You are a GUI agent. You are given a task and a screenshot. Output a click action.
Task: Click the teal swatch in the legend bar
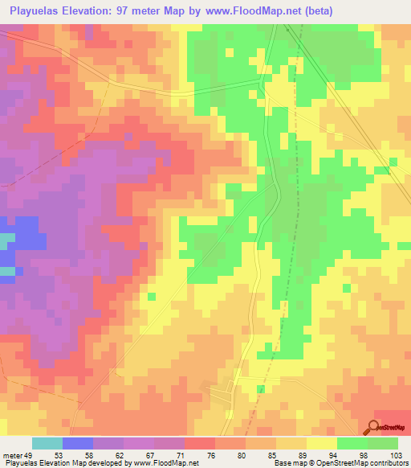point(47,444)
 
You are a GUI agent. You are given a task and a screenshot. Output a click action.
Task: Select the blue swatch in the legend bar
point(78,444)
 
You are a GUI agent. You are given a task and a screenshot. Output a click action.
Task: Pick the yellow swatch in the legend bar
point(321,444)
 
